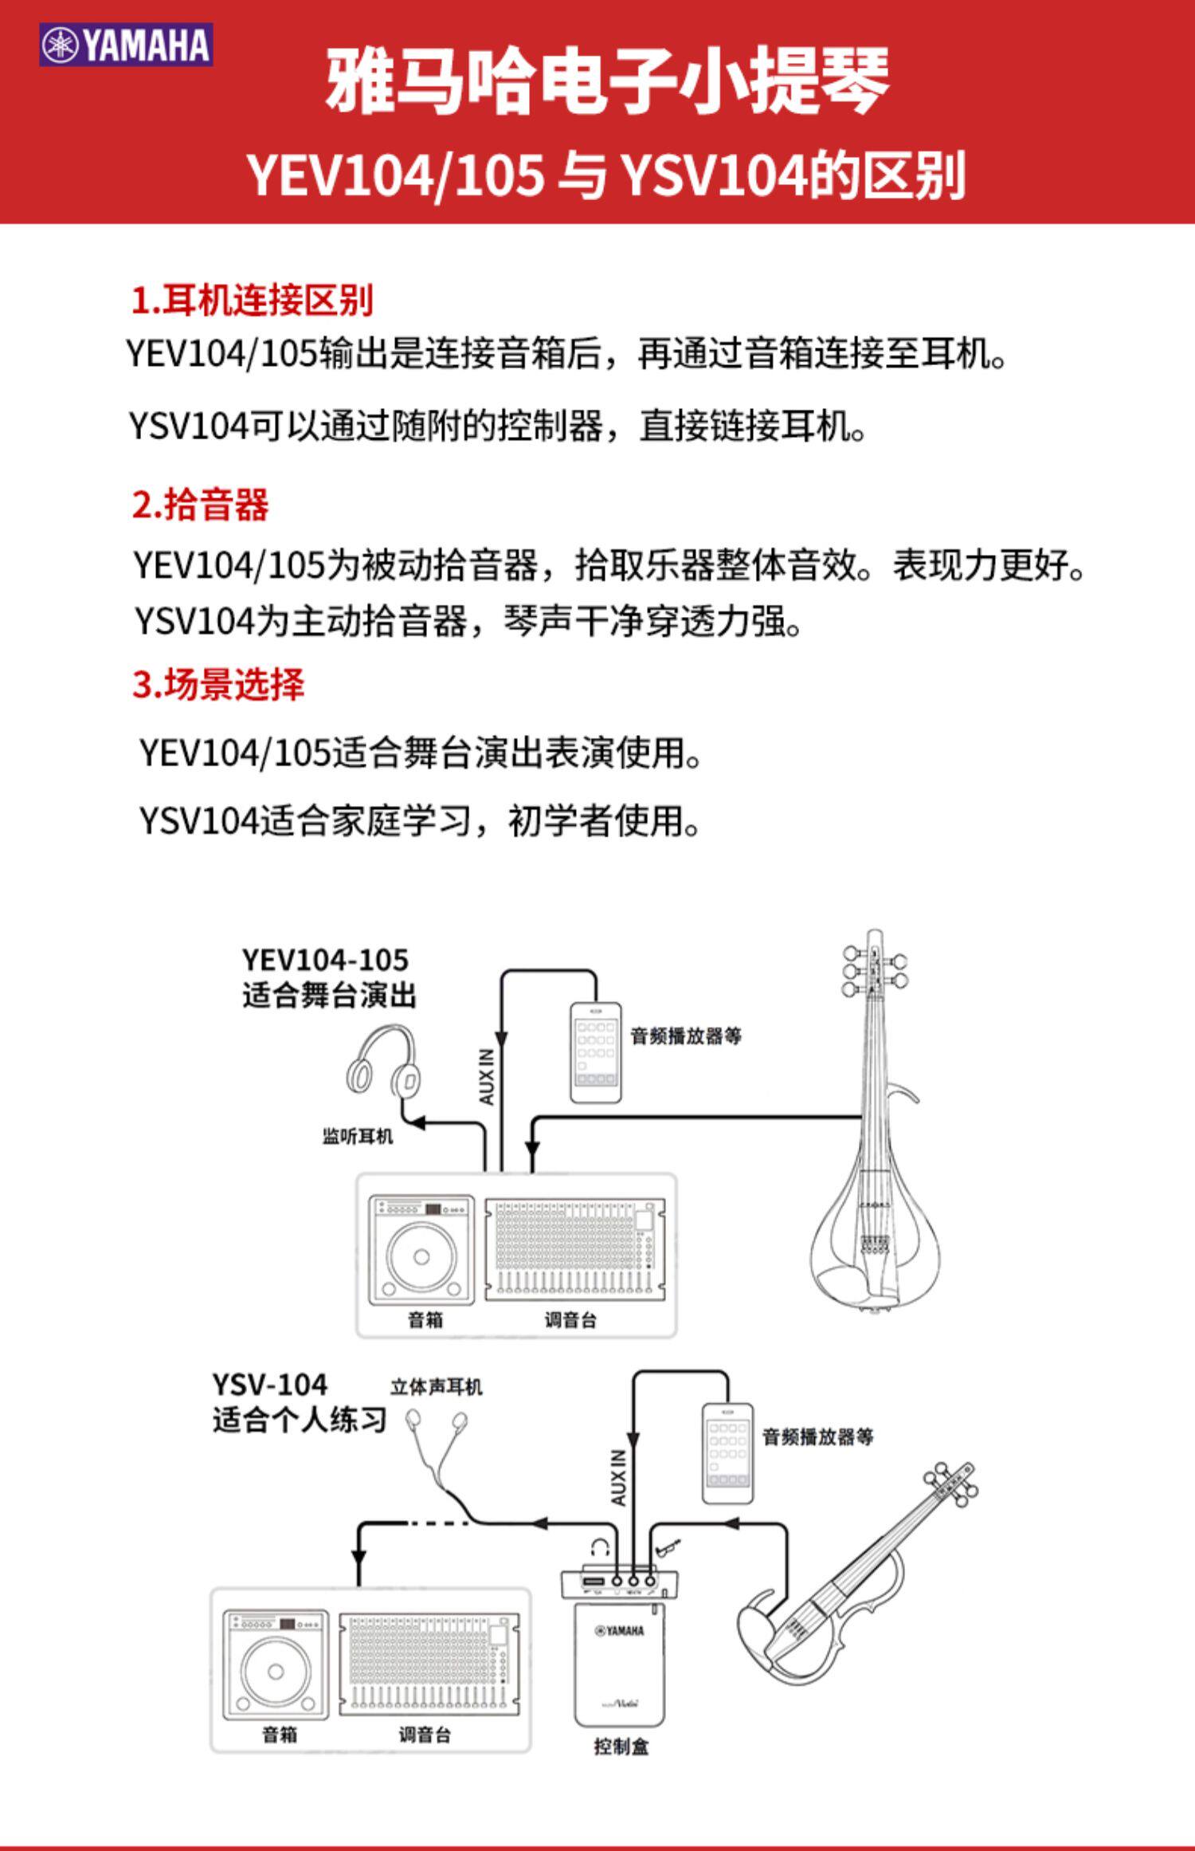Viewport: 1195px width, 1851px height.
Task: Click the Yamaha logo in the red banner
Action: pyautogui.click(x=126, y=45)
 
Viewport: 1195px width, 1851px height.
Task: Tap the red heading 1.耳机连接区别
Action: pyautogui.click(x=252, y=301)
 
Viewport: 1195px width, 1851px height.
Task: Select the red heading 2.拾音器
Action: pyautogui.click(x=201, y=505)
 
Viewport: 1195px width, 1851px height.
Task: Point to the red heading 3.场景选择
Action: pyautogui.click(x=218, y=684)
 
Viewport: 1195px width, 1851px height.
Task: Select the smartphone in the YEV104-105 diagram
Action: pyautogui.click(x=595, y=1052)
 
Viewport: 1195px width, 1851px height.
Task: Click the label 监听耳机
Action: pyautogui.click(x=358, y=1136)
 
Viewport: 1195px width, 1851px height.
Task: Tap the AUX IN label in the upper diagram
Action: pyautogui.click(x=486, y=1076)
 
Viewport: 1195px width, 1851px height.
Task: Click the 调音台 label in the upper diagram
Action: pyautogui.click(x=570, y=1320)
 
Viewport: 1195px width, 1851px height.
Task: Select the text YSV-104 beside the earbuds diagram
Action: pyautogui.click(x=269, y=1384)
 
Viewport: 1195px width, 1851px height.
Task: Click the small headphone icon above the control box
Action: pyautogui.click(x=601, y=1549)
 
